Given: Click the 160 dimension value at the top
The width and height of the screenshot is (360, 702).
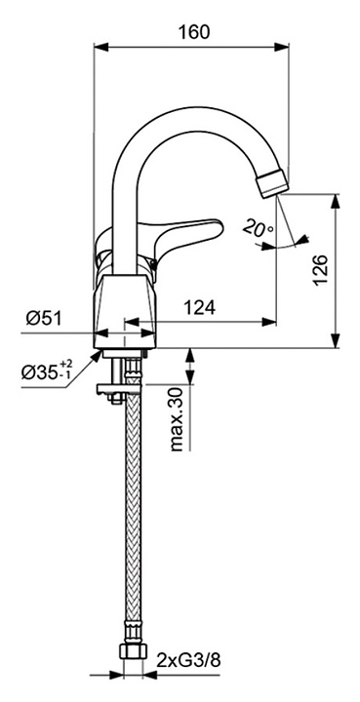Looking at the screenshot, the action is click(x=194, y=32).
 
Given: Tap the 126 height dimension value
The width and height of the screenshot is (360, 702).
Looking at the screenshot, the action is click(x=321, y=271).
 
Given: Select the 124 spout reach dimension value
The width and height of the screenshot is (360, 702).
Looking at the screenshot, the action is click(x=200, y=307).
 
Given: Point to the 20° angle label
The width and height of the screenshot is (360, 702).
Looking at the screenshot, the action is click(x=258, y=228).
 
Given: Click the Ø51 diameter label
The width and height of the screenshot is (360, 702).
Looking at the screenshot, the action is click(x=44, y=318).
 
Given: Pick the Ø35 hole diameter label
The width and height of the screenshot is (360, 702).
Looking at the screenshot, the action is click(x=46, y=370).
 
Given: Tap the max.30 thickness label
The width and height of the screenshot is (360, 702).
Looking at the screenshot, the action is click(x=178, y=419).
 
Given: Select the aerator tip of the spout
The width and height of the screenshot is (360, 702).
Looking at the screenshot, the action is click(x=271, y=183).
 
